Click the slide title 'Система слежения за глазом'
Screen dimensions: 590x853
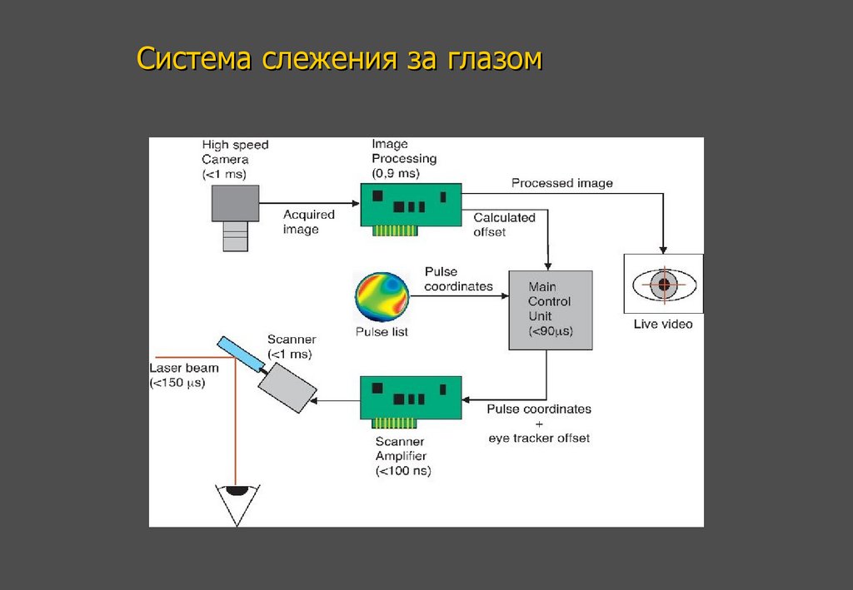339,60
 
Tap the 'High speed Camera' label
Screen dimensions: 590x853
235,159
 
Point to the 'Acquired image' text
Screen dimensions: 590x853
308,221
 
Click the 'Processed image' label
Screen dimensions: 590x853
561,183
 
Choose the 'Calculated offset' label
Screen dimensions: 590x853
504,225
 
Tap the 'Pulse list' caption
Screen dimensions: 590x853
382,332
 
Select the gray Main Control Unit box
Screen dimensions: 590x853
550,309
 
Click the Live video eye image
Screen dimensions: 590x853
663,285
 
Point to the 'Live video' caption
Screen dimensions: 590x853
663,324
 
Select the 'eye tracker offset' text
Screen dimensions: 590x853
538,438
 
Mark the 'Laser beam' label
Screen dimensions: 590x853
184,368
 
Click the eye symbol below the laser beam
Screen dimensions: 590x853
236,503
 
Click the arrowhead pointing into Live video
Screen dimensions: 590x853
663,249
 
